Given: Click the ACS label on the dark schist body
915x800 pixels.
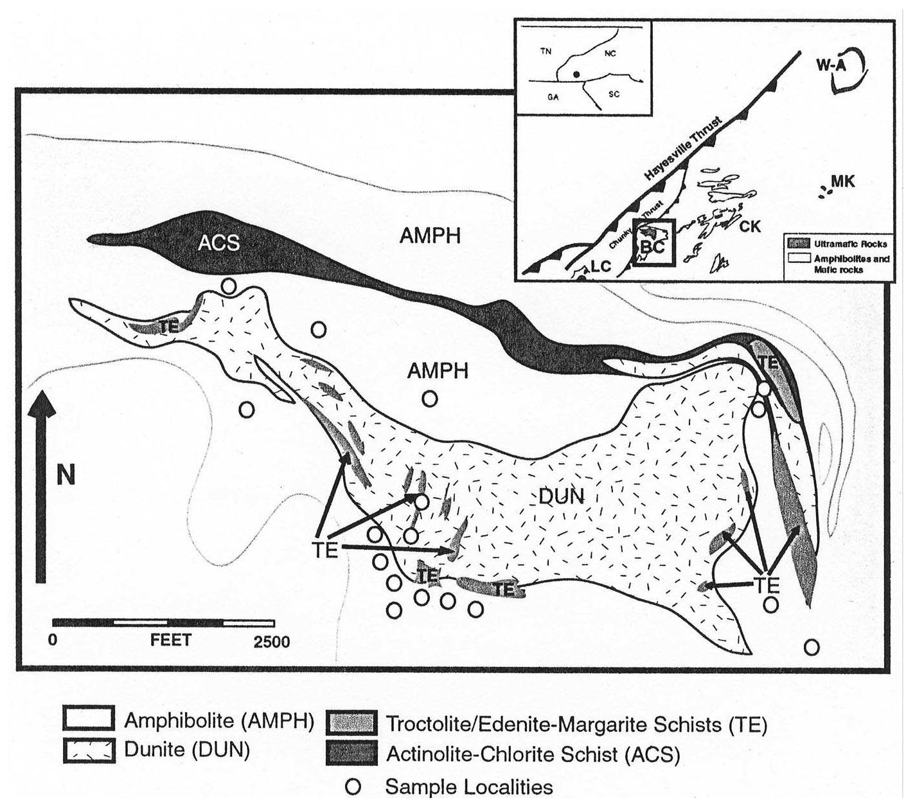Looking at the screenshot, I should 218,243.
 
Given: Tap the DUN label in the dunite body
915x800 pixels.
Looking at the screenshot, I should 562,496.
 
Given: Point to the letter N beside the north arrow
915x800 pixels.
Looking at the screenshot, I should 66,475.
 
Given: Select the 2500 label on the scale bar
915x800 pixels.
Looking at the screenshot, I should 271,642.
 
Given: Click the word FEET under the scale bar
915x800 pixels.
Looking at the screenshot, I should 170,641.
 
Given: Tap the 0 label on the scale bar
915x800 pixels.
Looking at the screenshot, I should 53,642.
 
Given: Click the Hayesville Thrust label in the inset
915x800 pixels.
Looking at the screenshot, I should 684,149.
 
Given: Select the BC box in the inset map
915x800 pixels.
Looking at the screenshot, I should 653,242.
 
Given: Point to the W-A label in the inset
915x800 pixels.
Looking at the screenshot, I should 829,64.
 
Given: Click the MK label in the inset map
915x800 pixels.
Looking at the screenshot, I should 842,182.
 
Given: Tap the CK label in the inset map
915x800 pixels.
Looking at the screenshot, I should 750,226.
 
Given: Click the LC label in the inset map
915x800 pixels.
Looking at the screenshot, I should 600,266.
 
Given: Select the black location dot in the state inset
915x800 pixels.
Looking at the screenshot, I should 577,75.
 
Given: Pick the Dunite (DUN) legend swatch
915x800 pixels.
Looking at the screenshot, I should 89,750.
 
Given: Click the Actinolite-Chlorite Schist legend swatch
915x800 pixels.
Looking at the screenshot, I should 351,752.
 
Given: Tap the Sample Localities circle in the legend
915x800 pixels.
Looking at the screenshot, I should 353,786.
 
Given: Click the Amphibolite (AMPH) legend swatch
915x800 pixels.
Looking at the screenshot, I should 89,718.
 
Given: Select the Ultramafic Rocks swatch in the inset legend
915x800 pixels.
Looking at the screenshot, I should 797,244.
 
